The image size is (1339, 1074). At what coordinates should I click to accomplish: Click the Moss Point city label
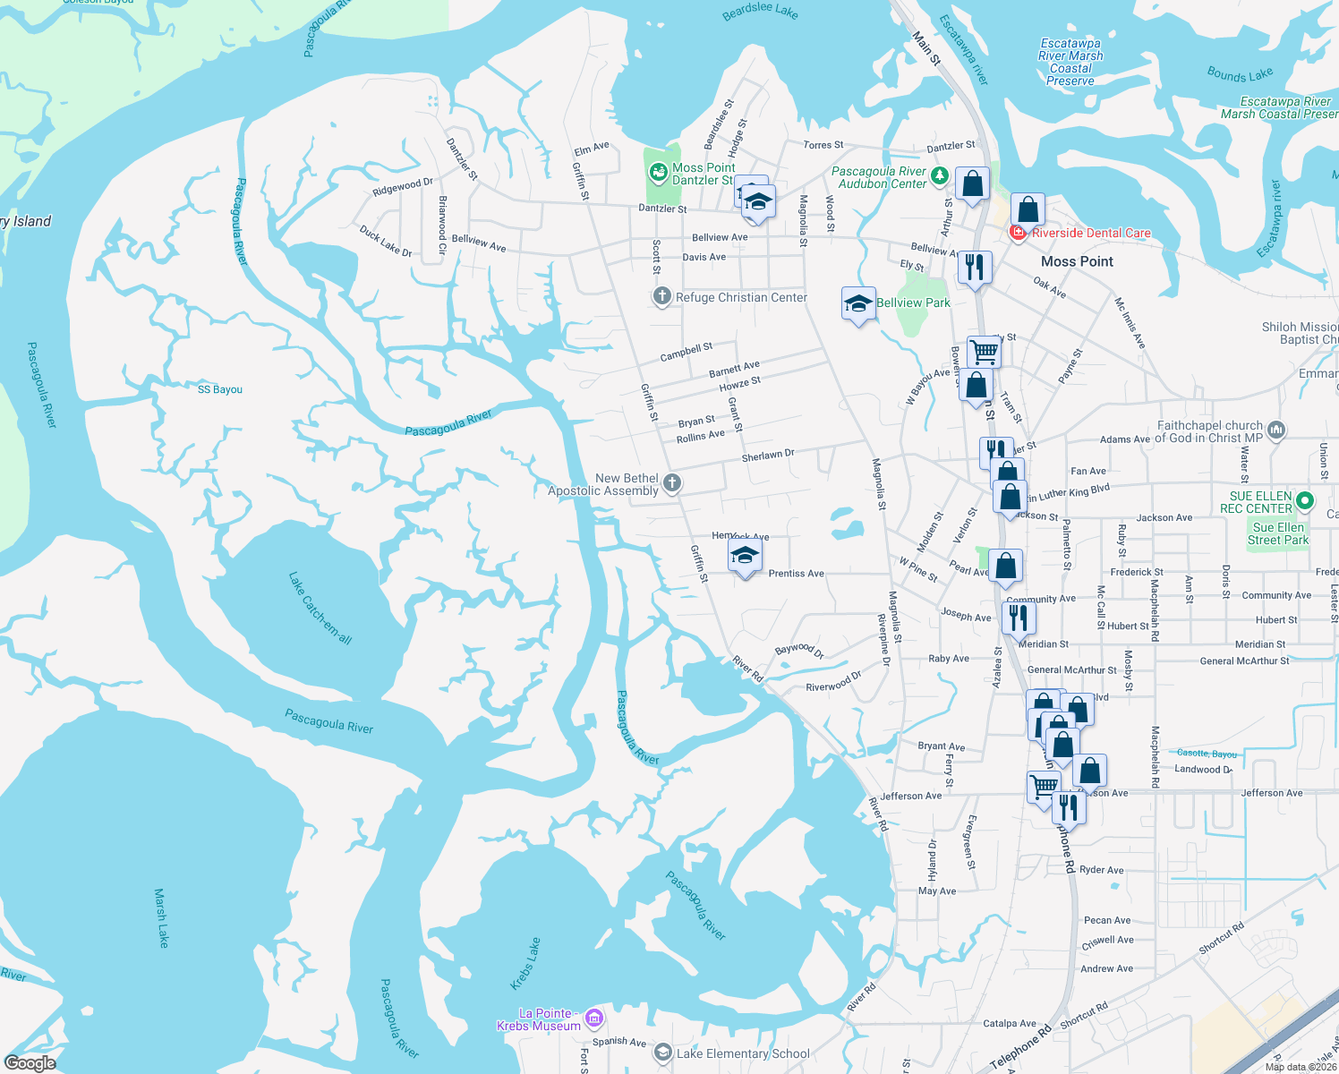1077,261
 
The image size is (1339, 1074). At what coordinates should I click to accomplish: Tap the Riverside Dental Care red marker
1019,233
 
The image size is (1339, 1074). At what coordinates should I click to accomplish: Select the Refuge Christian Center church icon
661,297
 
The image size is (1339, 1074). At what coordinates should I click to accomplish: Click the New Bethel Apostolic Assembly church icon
672,483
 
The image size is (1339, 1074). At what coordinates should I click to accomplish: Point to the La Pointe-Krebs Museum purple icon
593,1019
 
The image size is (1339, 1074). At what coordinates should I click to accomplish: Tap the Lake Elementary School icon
662,1053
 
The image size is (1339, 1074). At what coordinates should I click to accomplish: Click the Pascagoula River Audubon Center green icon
939,175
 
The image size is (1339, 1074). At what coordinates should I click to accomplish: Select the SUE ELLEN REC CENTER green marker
1305,501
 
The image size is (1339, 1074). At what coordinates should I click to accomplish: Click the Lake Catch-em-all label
320,609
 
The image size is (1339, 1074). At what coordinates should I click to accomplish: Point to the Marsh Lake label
161,917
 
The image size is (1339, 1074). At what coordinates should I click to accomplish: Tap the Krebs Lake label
525,964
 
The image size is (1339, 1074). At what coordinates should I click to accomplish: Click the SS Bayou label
220,389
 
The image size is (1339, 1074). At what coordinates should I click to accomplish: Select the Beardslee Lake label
760,11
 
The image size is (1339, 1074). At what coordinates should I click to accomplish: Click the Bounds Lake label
1240,74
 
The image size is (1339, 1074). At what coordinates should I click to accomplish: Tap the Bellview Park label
913,303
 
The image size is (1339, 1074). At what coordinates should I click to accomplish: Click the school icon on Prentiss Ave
745,557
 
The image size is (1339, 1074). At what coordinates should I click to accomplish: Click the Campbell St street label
687,352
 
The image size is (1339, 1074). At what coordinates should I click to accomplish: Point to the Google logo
30,1063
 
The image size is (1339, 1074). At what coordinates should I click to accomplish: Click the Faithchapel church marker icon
1276,430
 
